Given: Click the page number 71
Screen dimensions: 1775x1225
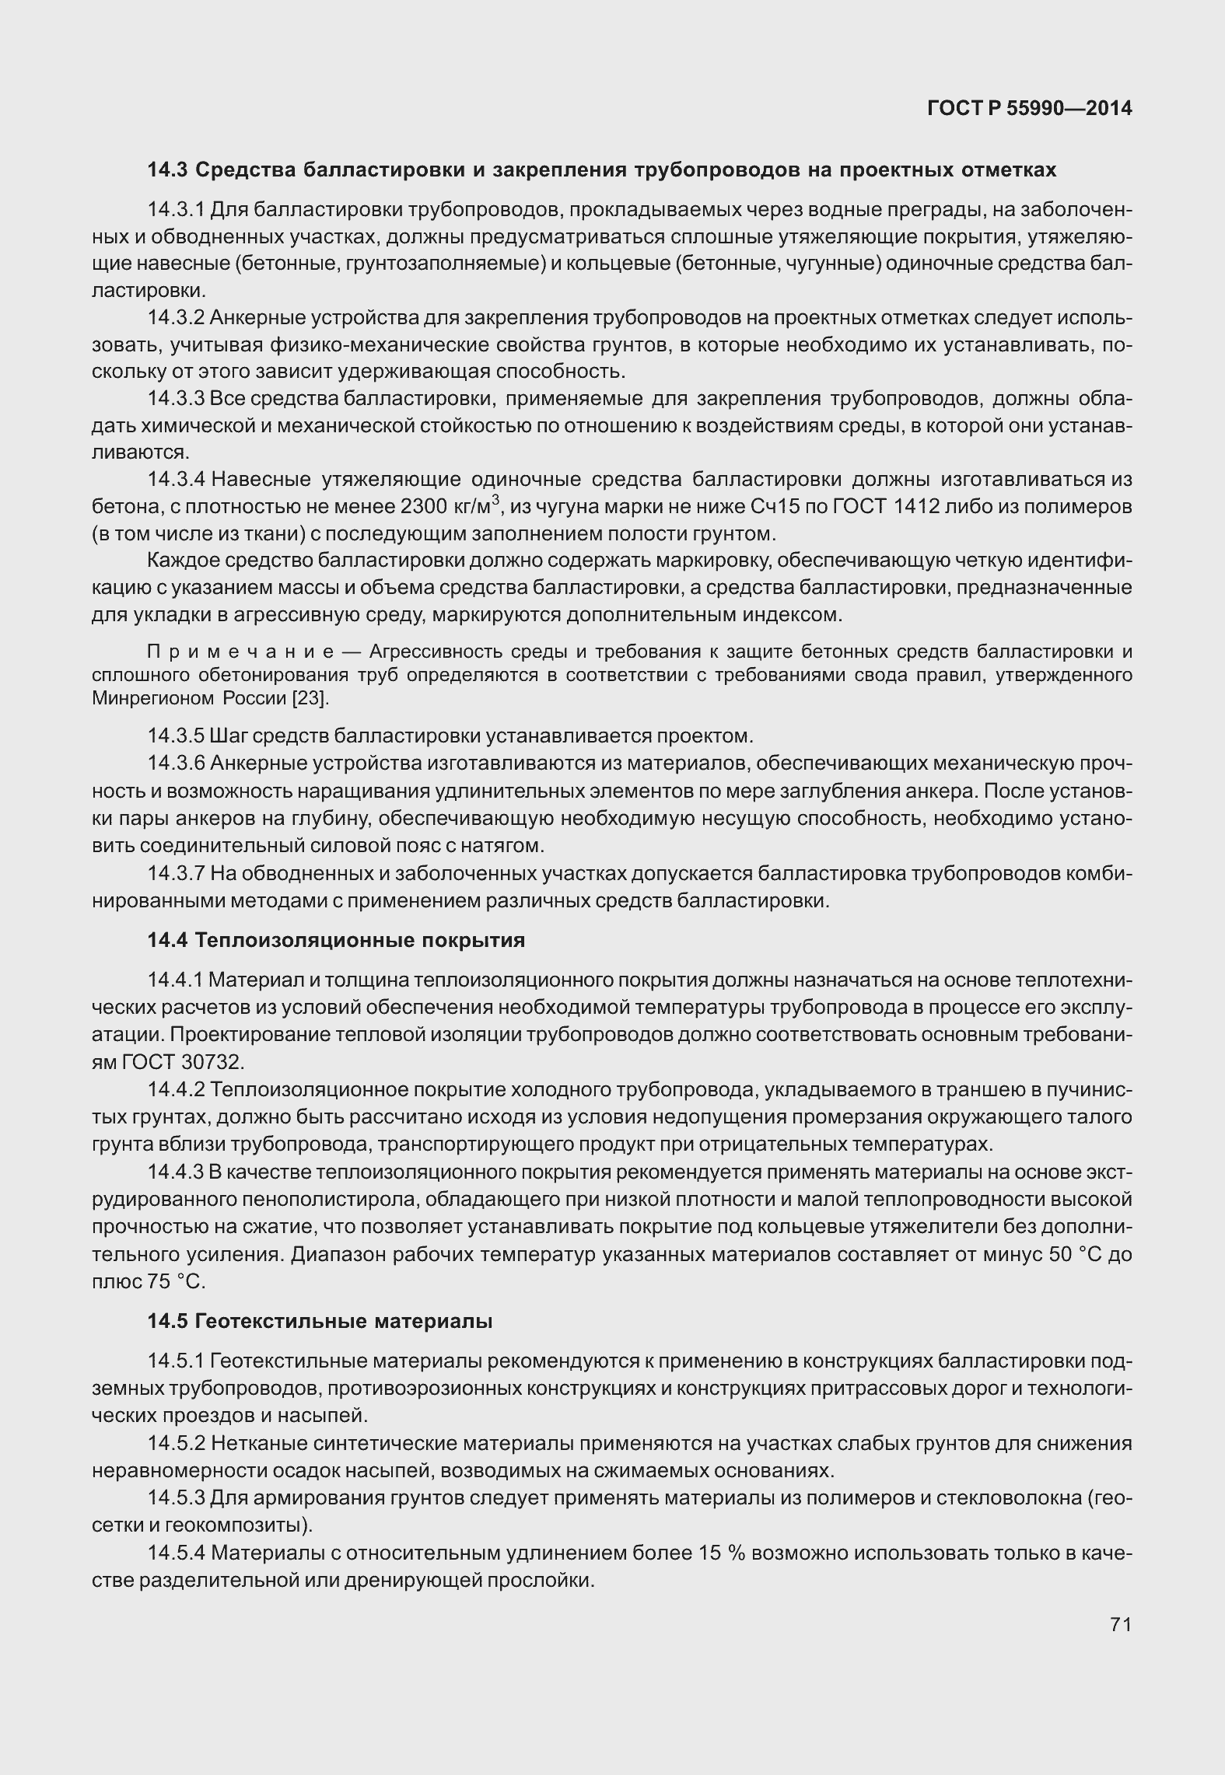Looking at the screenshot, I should [1120, 1624].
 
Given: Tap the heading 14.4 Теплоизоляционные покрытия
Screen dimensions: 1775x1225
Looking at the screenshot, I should [336, 940].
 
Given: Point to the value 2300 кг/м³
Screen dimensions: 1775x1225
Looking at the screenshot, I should [449, 507].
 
